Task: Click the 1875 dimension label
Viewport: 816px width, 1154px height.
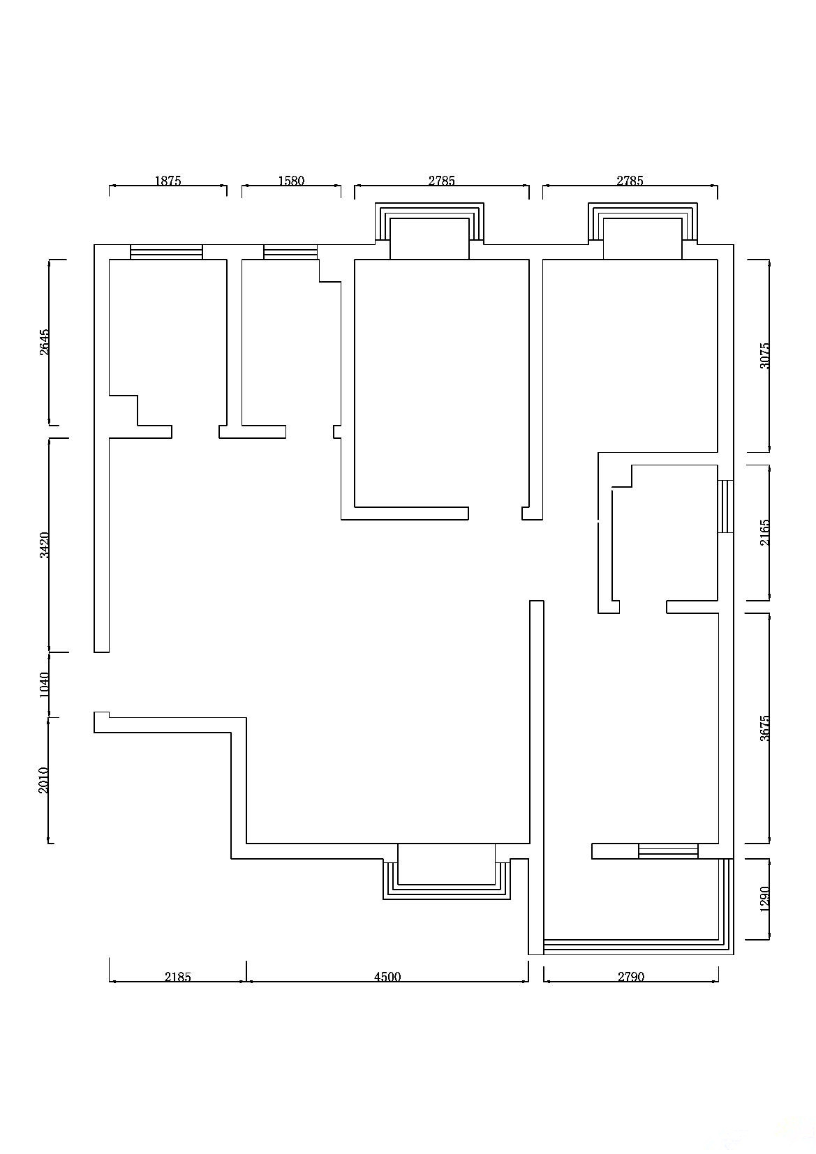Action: pos(168,181)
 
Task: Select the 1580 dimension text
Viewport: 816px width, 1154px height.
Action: pos(291,181)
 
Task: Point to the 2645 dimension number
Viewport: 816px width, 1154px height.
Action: pos(45,342)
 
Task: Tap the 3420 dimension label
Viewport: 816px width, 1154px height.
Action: pos(45,545)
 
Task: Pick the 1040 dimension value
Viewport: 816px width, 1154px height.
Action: pos(45,684)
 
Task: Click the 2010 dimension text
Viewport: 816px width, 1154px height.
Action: pos(45,780)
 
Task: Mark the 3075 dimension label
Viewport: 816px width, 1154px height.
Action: pos(764,355)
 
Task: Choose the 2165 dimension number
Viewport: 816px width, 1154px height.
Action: pos(764,532)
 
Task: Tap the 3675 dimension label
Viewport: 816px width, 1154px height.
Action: pos(764,728)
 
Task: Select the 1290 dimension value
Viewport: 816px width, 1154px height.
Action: pos(764,899)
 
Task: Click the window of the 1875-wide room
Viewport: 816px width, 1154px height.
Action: pos(167,252)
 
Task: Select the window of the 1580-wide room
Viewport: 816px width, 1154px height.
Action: pos(290,252)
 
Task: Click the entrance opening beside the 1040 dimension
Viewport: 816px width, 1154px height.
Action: pos(101,682)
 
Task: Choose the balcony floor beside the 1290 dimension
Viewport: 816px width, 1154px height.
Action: pos(631,899)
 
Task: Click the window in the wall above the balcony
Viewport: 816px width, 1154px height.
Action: pos(668,851)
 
